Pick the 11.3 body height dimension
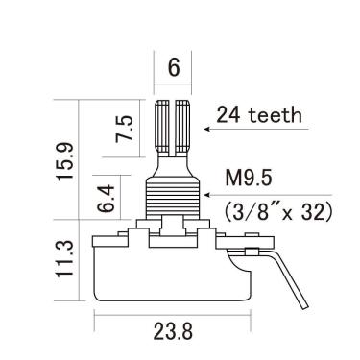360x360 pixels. (63, 260)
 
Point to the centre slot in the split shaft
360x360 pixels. (173, 125)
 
